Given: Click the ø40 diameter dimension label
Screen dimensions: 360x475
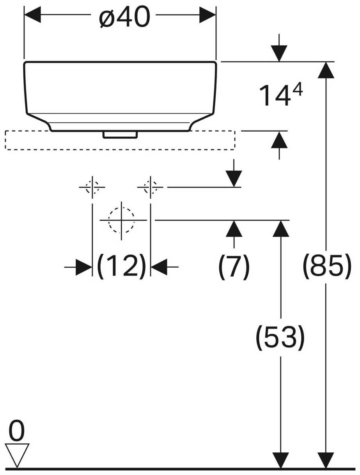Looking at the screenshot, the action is pos(124,17).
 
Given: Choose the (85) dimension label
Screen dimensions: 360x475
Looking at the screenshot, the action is pos(327,266).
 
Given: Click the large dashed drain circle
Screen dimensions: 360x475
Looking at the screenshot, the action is pos(121,220).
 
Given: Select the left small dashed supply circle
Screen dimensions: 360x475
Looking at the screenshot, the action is pos(92,187).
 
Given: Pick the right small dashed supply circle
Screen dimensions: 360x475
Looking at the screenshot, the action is pos(151,187).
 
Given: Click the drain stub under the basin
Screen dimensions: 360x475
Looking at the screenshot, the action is pos(120,134).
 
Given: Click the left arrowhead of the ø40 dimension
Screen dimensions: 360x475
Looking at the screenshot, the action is pos(32,15).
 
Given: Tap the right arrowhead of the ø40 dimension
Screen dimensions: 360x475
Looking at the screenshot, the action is pos(207,15).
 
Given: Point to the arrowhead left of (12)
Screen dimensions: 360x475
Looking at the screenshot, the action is pos(83,267).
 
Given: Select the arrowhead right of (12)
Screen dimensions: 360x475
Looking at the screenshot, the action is pos(159,267).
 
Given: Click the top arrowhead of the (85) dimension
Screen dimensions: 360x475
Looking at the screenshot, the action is pos(326,70).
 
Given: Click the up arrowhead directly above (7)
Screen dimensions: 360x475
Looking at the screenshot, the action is pos(234,229).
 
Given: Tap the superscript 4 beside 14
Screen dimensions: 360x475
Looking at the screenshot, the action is pos(298,90).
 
